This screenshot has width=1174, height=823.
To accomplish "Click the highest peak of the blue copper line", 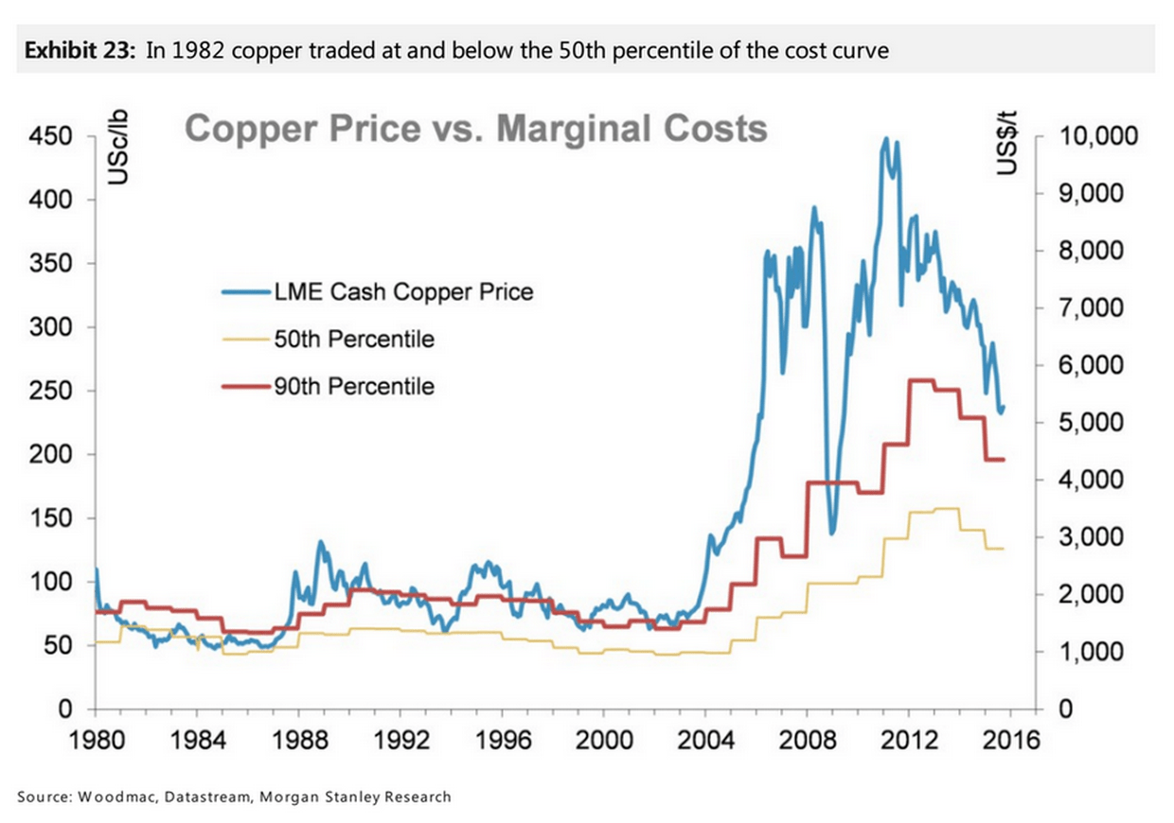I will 885,139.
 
